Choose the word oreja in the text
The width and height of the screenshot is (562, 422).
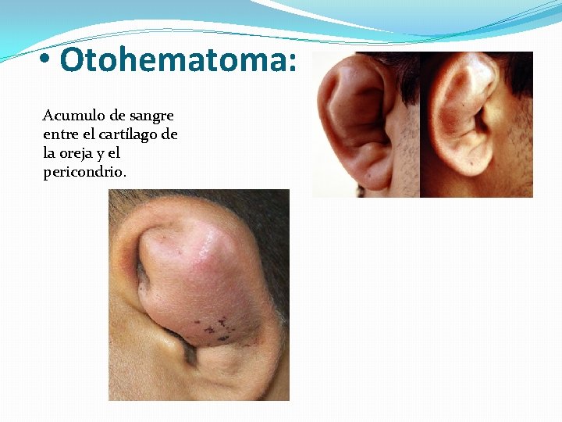point(76,153)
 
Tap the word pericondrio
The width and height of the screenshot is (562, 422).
point(84,172)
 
